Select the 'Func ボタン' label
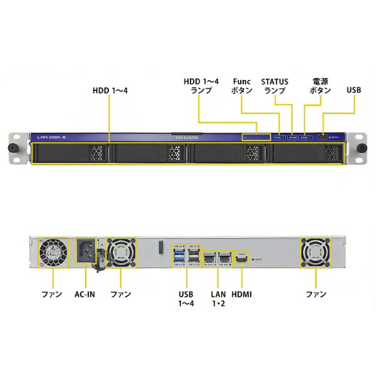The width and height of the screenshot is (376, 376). [242, 85]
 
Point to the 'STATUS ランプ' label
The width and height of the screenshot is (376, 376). [274, 85]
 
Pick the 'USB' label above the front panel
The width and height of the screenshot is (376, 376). [353, 90]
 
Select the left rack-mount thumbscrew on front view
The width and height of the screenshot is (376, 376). [11, 149]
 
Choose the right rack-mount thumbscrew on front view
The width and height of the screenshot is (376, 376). [363, 149]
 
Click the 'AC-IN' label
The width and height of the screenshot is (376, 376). [87, 293]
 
